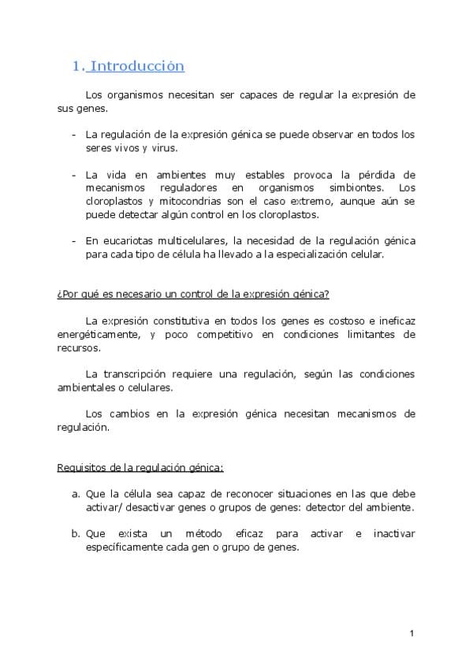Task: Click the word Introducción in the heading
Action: point(138,66)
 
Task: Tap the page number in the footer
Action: point(412,634)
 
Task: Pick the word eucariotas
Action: point(125,241)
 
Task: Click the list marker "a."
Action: point(76,495)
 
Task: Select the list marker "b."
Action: point(76,534)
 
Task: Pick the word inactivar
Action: point(390,534)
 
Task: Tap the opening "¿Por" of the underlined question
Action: point(66,295)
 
